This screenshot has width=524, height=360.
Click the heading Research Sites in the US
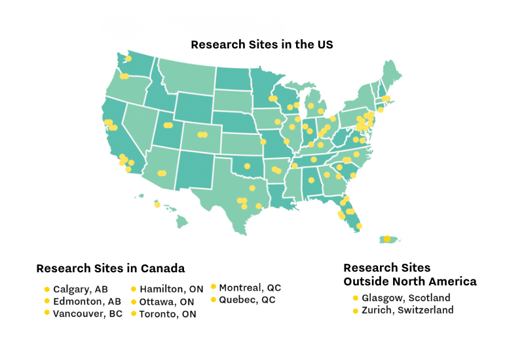point(262,45)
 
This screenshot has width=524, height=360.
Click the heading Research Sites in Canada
point(110,268)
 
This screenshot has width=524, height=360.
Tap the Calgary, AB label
point(80,289)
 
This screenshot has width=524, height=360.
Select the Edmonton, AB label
point(86,302)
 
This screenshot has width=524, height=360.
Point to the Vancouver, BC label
point(87,314)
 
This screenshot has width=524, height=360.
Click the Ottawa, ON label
point(166,302)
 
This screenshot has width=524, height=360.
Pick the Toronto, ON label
point(167,314)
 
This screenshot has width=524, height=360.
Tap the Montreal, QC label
point(250,287)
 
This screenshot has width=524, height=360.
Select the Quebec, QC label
point(247,300)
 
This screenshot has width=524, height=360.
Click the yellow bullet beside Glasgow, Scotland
point(356,298)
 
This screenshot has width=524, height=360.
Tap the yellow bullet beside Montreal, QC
point(214,287)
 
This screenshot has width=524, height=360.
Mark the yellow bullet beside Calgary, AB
point(47,289)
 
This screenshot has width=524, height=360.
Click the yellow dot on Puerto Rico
point(387,238)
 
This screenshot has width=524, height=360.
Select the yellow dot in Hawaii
point(157,205)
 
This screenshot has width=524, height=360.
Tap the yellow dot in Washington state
point(128,59)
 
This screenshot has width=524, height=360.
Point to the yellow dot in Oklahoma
point(247,166)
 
